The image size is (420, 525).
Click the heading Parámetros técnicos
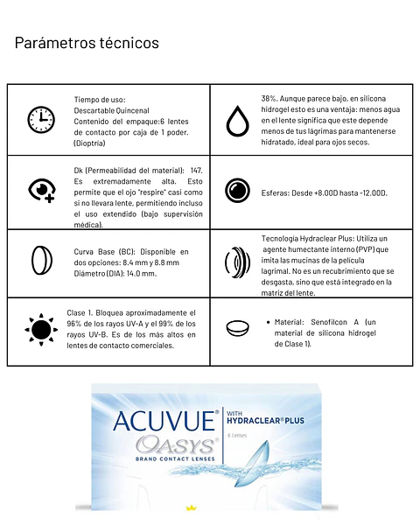click(x=87, y=42)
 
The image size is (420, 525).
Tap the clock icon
click(x=40, y=119)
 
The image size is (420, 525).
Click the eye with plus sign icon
click(x=41, y=191)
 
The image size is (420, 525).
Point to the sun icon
click(x=40, y=329)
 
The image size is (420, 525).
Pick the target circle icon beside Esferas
click(x=237, y=191)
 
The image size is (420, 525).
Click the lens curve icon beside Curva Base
click(x=40, y=261)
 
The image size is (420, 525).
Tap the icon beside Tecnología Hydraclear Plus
click(x=236, y=262)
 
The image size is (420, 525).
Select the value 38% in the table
click(x=269, y=98)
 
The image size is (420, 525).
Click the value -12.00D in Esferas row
click(x=369, y=192)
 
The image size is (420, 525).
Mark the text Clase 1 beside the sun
click(x=80, y=312)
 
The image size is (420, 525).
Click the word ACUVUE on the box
click(x=164, y=420)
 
